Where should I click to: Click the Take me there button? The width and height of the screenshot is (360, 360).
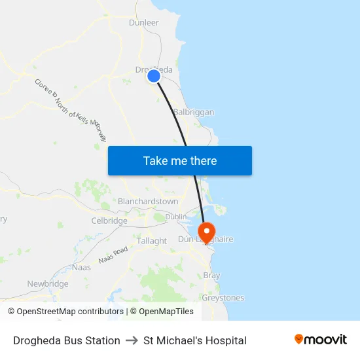pyautogui.click(x=180, y=160)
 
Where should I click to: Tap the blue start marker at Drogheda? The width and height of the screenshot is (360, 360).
pyautogui.click(x=154, y=77)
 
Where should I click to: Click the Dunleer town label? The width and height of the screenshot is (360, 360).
pyautogui.click(x=144, y=22)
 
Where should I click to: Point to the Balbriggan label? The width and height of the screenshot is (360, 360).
pyautogui.click(x=194, y=112)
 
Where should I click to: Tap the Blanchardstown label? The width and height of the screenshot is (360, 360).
pyautogui.click(x=147, y=202)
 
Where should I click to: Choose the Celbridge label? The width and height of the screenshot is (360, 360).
pyautogui.click(x=109, y=221)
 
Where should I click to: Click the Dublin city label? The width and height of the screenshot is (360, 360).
pyautogui.click(x=176, y=216)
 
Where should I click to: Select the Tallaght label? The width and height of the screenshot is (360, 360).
pyautogui.click(x=152, y=241)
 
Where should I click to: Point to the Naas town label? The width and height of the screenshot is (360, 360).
pyautogui.click(x=82, y=267)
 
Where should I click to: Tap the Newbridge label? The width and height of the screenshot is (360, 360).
pyautogui.click(x=48, y=284)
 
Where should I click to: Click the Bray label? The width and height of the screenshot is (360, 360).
pyautogui.click(x=212, y=276)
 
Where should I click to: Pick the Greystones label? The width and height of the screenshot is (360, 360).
pyautogui.click(x=223, y=298)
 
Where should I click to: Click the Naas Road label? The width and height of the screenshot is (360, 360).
pyautogui.click(x=113, y=255)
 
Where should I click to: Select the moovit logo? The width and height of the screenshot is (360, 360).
pyautogui.click(x=320, y=339)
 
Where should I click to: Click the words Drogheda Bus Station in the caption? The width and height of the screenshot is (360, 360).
pyautogui.click(x=67, y=340)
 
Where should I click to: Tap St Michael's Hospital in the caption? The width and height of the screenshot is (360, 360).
pyautogui.click(x=195, y=340)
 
